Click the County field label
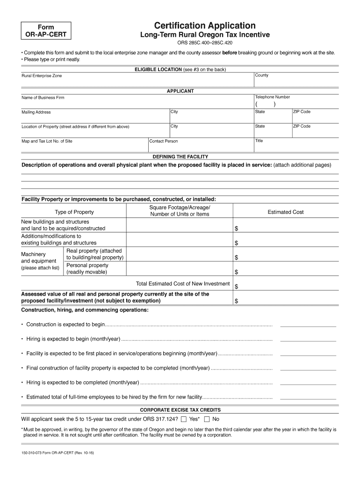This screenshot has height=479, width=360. click(262, 75)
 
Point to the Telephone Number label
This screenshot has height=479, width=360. click(273, 97)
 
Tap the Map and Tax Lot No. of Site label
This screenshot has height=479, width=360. click(47, 141)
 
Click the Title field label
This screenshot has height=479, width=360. click(259, 141)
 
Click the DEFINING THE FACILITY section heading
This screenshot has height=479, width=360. click(180, 157)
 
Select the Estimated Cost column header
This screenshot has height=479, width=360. click(285, 212)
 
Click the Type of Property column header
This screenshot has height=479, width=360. click(74, 212)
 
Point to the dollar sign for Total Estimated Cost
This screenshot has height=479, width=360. click(236, 286)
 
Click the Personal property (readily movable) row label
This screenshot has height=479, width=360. click(87, 269)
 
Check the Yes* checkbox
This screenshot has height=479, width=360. click(184, 419)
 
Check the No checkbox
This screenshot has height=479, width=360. click(207, 419)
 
